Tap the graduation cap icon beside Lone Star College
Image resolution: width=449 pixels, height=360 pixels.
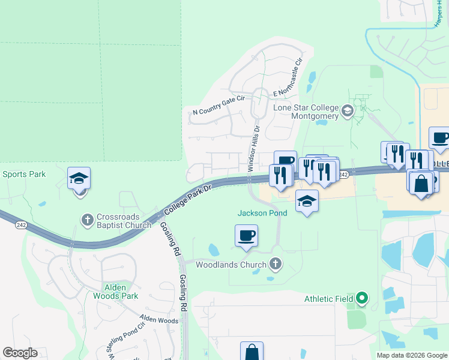click(347, 111)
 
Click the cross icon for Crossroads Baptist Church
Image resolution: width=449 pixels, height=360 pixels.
click(87, 219)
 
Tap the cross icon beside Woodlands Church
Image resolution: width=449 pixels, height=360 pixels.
click(276, 263)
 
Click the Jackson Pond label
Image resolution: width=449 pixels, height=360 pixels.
click(258, 213)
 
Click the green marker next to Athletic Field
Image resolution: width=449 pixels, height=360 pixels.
click(361, 296)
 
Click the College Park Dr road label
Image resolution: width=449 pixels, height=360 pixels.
click(187, 200)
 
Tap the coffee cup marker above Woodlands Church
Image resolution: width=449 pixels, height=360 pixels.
click(246, 235)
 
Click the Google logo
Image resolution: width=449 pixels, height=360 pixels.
click(20, 353)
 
